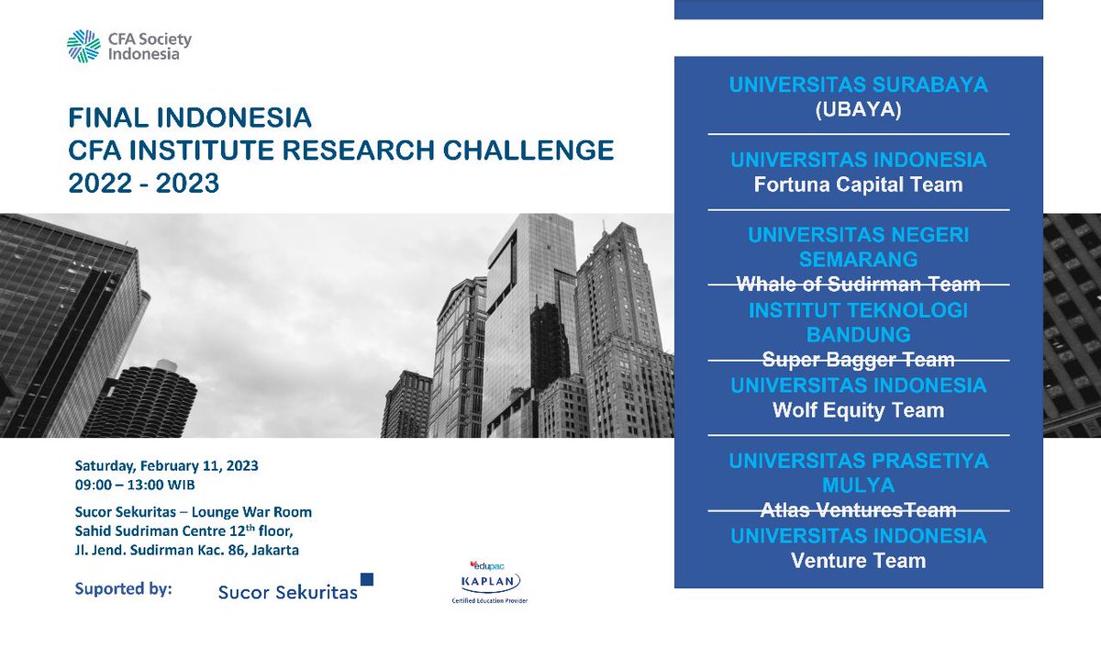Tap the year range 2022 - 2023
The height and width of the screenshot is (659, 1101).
click(x=144, y=183)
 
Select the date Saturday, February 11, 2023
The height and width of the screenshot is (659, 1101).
click(x=166, y=465)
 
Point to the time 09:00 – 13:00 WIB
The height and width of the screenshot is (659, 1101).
click(x=135, y=485)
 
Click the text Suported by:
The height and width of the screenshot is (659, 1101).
click(x=124, y=588)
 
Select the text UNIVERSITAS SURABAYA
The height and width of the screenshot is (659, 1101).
click(x=858, y=85)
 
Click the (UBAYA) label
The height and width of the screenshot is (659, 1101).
click(x=858, y=109)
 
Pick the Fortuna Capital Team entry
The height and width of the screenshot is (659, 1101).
click(x=858, y=184)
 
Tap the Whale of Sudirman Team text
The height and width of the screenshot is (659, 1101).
click(x=858, y=285)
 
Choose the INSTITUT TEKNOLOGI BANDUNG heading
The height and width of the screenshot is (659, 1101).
click(x=858, y=322)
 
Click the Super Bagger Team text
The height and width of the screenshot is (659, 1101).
click(x=858, y=360)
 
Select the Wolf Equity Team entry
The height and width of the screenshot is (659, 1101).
click(x=858, y=410)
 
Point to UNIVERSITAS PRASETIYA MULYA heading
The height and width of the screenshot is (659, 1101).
click(x=858, y=472)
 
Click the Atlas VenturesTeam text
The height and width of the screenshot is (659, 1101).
click(x=858, y=510)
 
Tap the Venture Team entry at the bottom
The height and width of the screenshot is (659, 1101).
click(x=858, y=560)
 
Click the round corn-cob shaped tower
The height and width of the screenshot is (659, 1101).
click(x=140, y=398)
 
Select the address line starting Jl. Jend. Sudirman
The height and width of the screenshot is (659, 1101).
click(x=187, y=550)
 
